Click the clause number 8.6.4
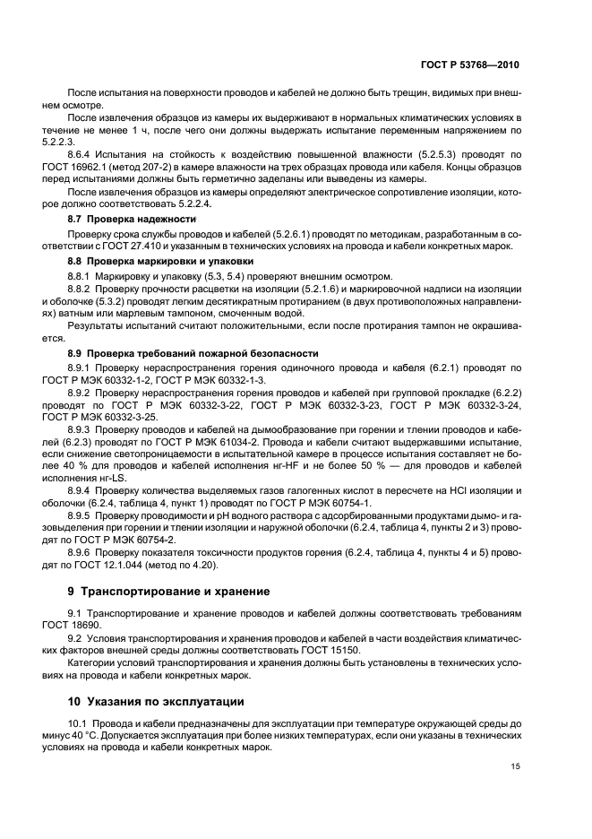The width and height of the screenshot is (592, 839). pos(83,154)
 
